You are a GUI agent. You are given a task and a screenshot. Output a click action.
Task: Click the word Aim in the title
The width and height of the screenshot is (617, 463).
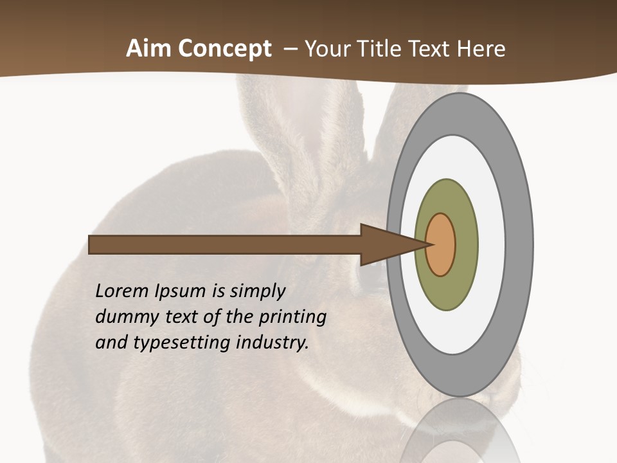click(149, 49)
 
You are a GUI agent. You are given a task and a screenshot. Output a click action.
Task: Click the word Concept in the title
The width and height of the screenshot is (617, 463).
click(225, 49)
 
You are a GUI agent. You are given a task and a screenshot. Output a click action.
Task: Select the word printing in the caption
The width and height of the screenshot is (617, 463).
click(292, 318)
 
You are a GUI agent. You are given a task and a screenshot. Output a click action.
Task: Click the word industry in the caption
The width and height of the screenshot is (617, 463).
click(273, 343)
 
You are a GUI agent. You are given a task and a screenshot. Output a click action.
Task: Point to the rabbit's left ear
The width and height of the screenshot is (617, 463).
click(276, 129)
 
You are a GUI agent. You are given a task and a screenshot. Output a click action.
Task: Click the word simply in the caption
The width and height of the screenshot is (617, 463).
click(257, 292)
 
